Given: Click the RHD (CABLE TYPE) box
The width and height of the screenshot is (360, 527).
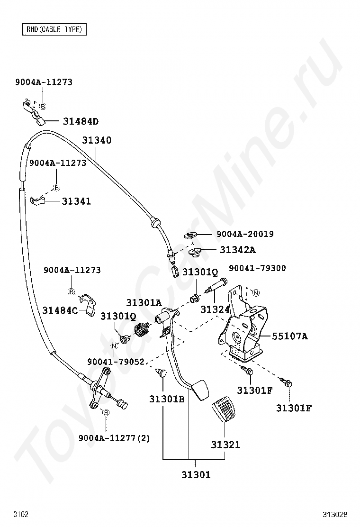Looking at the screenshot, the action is pyautogui.click(x=54, y=29).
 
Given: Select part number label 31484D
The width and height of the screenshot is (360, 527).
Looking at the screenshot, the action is pyautogui.click(x=81, y=122).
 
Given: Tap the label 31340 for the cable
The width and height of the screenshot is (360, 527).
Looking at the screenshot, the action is pyautogui.click(x=97, y=140).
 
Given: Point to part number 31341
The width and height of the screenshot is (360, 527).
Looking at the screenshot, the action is pyautogui.click(x=76, y=201).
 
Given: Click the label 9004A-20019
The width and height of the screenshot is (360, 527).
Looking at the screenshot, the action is pyautogui.click(x=245, y=234).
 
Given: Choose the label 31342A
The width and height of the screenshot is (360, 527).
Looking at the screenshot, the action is pyautogui.click(x=237, y=250).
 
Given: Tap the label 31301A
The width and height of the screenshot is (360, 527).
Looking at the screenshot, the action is pyautogui.click(x=144, y=303).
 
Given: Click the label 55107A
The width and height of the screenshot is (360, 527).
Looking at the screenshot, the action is pyautogui.click(x=289, y=336).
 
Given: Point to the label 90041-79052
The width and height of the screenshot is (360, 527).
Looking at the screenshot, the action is pyautogui.click(x=116, y=362).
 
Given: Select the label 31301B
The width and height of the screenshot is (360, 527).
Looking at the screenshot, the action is pyautogui.click(x=167, y=399).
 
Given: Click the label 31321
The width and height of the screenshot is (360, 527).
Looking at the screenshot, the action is pyautogui.click(x=225, y=445).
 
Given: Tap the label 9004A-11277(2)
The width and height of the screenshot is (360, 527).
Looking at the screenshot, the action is pyautogui.click(x=114, y=438).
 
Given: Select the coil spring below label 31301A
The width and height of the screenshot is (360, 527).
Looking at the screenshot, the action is pyautogui.click(x=141, y=327).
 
